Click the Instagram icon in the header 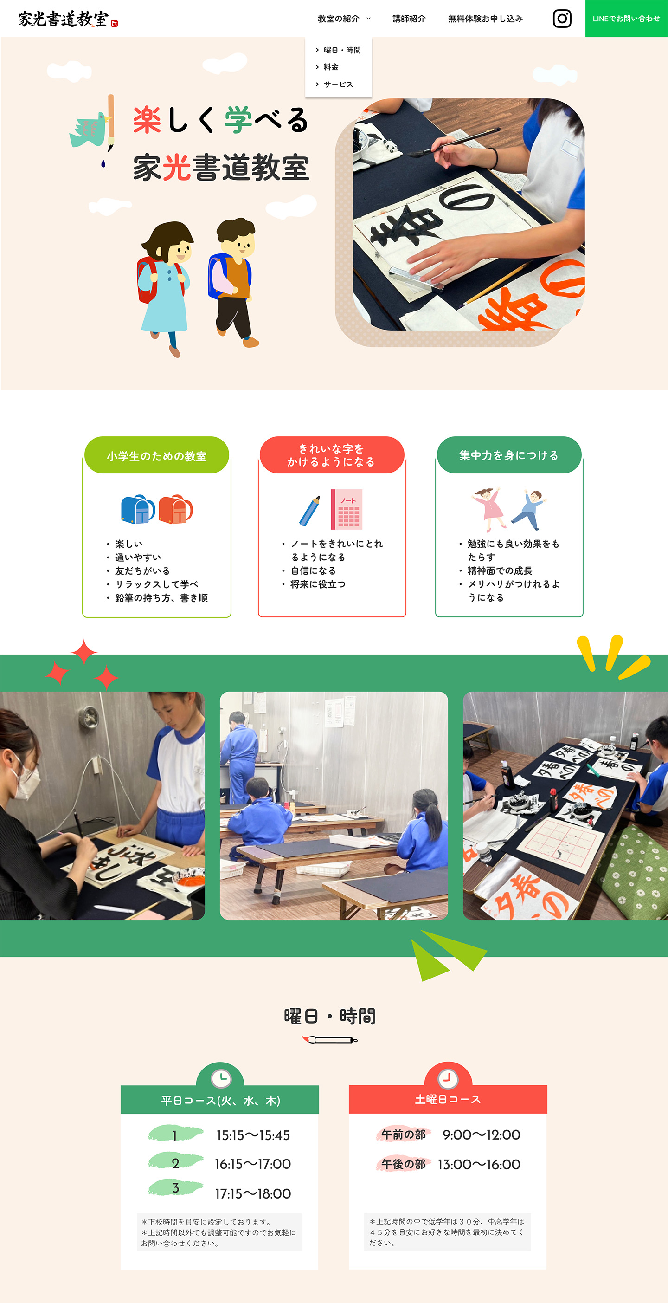pyautogui.click(x=562, y=19)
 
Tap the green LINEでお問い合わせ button pyautogui.click(x=627, y=19)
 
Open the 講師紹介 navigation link pyautogui.click(x=409, y=19)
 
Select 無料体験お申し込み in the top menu pyautogui.click(x=485, y=19)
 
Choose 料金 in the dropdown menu pyautogui.click(x=331, y=67)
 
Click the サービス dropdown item pyautogui.click(x=338, y=84)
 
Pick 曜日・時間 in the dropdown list pyautogui.click(x=342, y=50)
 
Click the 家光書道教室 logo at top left pyautogui.click(x=68, y=19)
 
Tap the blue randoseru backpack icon pyautogui.click(x=138, y=509)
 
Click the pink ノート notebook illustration pyautogui.click(x=347, y=509)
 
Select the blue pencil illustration pyautogui.click(x=309, y=511)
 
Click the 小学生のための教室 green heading pyautogui.click(x=157, y=456)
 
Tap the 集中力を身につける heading pyautogui.click(x=509, y=455)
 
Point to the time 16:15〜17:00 pyautogui.click(x=253, y=1164)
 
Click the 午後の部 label pyautogui.click(x=404, y=1164)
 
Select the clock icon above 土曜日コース pyautogui.click(x=448, y=1079)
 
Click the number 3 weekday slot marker pyautogui.click(x=175, y=1188)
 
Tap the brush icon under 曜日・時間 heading pyautogui.click(x=330, y=1039)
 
